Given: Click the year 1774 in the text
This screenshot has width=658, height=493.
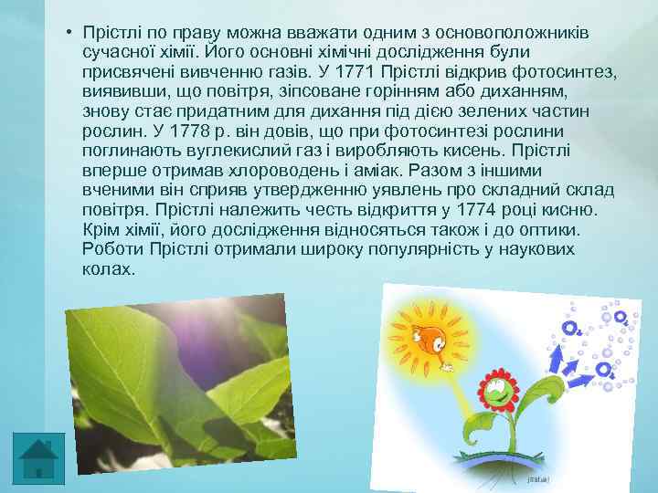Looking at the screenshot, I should pos(485,209).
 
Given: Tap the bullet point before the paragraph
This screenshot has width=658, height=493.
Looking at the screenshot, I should pos(69,33).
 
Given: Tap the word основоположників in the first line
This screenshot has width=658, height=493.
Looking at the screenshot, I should pos(504,32).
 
